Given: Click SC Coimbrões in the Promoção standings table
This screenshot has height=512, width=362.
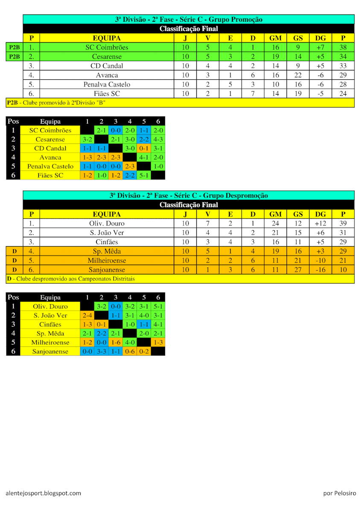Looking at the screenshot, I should coord(107,47).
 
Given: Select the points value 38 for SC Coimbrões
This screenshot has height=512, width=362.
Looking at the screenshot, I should coord(343,47).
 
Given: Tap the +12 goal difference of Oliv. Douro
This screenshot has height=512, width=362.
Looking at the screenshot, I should coord(320,224).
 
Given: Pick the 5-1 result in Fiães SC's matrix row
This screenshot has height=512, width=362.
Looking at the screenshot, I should coord(144,175).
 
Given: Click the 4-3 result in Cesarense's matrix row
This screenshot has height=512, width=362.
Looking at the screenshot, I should coord(158,140).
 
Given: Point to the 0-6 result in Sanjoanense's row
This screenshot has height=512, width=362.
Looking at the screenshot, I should coord(130,352).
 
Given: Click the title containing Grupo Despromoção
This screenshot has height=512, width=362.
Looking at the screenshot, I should coord(188,195).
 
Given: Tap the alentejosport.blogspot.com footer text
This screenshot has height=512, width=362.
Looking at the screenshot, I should coord(44,493).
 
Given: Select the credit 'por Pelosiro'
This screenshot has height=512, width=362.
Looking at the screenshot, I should coord(339,493).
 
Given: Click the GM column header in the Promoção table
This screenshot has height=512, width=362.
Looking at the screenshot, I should coord(275,38).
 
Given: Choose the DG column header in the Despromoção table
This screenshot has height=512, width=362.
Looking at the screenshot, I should coord(320,214).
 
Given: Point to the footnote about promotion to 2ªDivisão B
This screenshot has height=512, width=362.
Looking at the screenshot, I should coord(56,103).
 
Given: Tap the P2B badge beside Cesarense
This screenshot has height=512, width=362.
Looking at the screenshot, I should coord(15,57).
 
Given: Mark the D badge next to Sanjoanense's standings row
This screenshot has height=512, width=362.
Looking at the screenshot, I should coord(15,270).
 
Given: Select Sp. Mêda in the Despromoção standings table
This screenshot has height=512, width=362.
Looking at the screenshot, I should coord(107,251).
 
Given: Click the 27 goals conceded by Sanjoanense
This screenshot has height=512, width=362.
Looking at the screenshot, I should coord(298,270).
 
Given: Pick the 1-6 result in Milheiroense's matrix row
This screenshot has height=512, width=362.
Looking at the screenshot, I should coord(116,343).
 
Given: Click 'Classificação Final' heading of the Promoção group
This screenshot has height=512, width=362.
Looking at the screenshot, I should coord(188,29).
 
